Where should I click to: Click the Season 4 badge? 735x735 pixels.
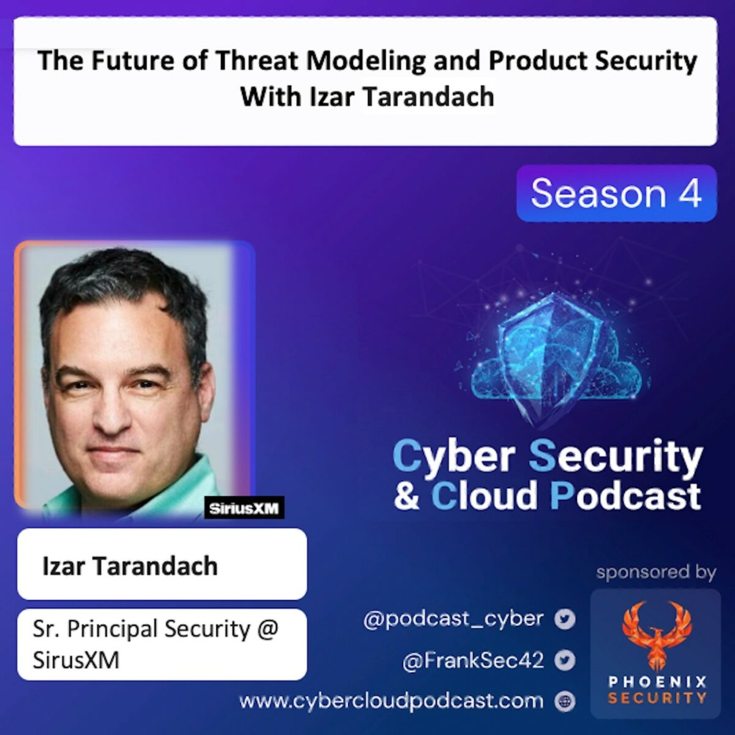pos(616,194)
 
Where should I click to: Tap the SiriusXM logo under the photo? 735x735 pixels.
pos(244,508)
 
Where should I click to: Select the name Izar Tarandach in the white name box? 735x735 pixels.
pos(130,567)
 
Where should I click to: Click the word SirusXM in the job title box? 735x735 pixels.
pos(76,660)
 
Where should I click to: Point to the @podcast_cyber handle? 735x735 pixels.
pos(453,619)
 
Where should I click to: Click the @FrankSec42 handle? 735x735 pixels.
pos(473,660)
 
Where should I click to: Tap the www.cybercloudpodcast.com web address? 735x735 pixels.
pos(391,701)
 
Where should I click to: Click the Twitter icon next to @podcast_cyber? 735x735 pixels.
pos(565,619)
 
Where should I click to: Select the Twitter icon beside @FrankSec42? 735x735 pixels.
pos(565,661)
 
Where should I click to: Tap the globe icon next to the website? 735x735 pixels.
pos(565,702)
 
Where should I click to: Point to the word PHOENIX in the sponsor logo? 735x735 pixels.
pos(657,682)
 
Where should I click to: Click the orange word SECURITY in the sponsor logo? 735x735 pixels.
pos(657,698)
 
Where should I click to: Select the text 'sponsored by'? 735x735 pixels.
pos(656,572)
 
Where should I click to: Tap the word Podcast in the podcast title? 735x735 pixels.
pos(625,496)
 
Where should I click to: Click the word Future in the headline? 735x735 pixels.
pos(130,61)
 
